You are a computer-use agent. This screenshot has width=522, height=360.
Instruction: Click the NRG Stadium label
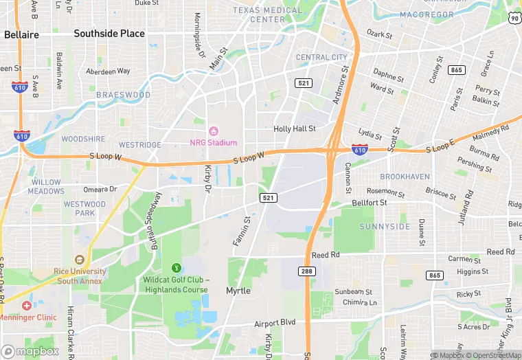(213, 143)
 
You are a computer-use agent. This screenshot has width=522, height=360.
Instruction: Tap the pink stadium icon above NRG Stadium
(213, 131)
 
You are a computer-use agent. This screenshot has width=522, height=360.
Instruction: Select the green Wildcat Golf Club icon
(175, 267)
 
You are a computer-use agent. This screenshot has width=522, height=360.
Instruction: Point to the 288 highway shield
(306, 271)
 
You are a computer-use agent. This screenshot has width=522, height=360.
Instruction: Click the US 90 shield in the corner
(514, 19)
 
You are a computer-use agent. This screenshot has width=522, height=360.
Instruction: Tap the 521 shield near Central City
(303, 82)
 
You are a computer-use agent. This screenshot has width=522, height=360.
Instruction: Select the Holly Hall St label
(294, 128)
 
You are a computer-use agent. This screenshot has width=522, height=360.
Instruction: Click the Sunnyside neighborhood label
(385, 226)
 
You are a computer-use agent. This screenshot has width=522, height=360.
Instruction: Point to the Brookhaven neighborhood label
(405, 177)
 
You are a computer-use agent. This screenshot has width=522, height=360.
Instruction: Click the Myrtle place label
(238, 291)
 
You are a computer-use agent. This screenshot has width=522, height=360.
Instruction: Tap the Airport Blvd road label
(275, 322)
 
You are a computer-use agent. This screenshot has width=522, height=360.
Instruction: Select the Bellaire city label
(21, 34)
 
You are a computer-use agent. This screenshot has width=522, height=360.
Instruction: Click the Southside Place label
(109, 33)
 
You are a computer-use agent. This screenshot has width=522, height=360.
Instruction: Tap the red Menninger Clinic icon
(26, 305)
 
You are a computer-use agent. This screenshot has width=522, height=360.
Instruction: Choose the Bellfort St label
(370, 203)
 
